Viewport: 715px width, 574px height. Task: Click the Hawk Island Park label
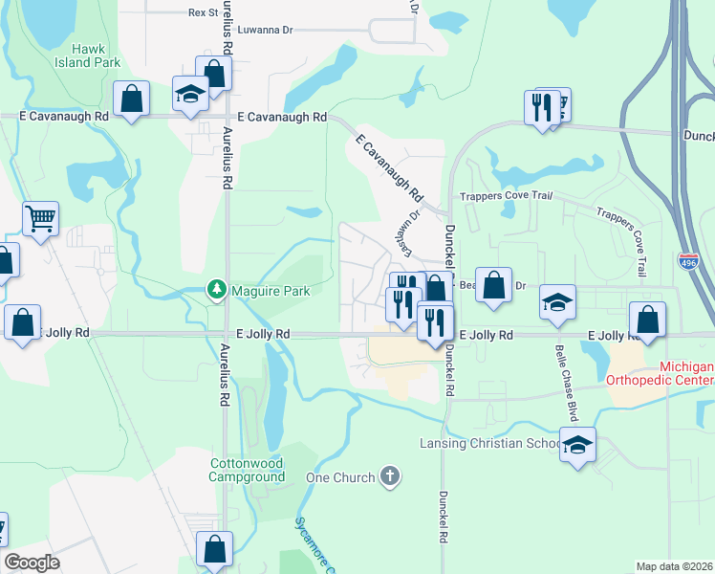tap(94, 55)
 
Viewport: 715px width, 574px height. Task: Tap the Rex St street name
tap(204, 12)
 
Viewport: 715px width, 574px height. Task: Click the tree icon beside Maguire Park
tap(217, 288)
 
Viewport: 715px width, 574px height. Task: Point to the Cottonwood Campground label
tap(247, 470)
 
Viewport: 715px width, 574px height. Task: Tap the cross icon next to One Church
tap(389, 475)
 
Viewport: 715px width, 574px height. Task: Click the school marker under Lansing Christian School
tap(576, 447)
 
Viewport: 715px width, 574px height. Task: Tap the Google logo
tap(32, 563)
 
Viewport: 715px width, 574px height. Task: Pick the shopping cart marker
tap(40, 219)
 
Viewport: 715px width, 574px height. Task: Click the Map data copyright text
tap(675, 566)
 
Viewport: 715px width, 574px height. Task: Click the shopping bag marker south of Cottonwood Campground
tap(214, 549)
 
